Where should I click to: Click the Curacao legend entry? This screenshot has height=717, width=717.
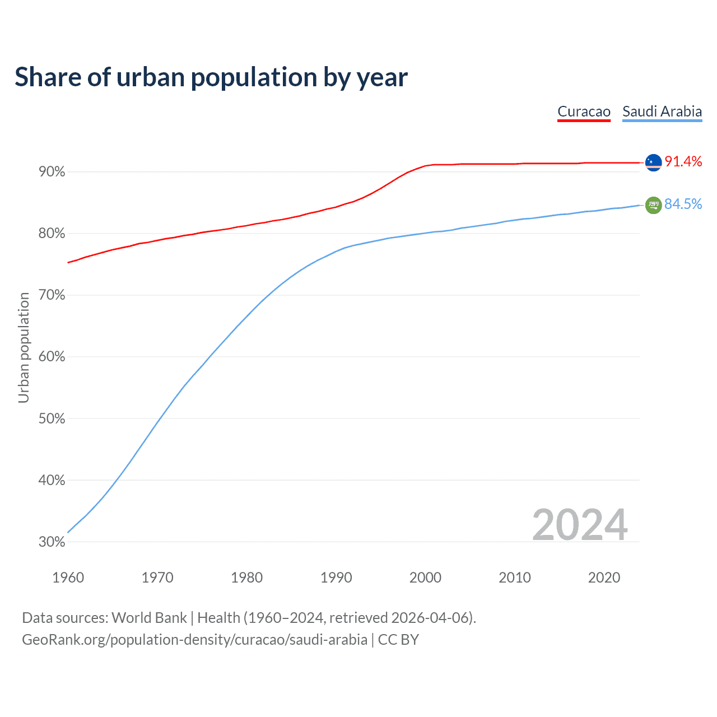[x=584, y=111]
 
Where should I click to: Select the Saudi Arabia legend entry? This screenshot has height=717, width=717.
[x=662, y=111]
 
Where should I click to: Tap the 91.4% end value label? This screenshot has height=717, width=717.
[x=683, y=162]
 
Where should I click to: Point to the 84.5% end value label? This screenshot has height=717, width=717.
[x=683, y=204]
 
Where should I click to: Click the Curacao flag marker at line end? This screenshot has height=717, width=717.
[x=654, y=162]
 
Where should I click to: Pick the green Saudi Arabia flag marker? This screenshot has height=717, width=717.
[x=654, y=206]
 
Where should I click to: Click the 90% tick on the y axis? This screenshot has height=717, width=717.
[x=52, y=172]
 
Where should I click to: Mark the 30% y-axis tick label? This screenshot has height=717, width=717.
[x=52, y=542]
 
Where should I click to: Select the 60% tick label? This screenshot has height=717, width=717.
[x=52, y=357]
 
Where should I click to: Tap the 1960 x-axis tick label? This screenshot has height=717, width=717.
[x=68, y=578]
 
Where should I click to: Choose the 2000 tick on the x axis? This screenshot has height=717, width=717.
[x=425, y=578]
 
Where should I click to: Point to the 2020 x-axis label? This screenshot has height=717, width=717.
[x=604, y=578]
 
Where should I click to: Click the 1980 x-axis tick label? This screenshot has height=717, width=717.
[x=246, y=578]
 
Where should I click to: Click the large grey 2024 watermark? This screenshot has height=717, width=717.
[x=580, y=525]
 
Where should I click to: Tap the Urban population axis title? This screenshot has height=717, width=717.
[x=24, y=347]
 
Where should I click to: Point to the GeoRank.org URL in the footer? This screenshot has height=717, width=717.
[x=194, y=640]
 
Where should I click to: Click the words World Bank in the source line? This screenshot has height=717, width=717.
[x=149, y=618]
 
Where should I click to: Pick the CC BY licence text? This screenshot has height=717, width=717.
[x=398, y=640]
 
